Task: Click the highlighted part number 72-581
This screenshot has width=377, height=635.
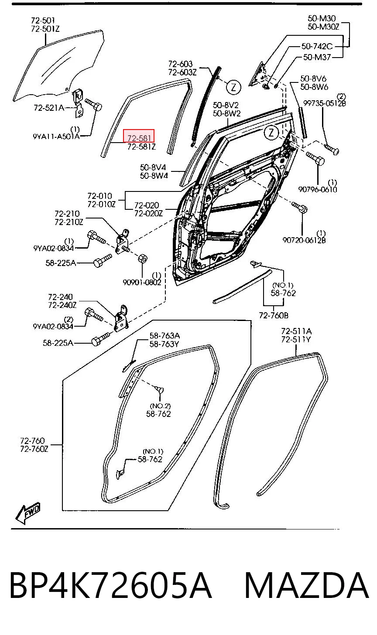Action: click(x=139, y=138)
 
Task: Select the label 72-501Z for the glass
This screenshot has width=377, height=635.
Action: click(x=45, y=29)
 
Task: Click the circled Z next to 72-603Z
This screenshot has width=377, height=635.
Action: click(x=233, y=87)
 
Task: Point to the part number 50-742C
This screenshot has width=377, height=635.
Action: click(x=317, y=46)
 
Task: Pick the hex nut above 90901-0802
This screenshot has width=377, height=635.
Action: click(x=143, y=259)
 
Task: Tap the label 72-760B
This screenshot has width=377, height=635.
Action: click(x=274, y=315)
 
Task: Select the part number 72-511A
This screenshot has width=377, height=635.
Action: click(x=296, y=331)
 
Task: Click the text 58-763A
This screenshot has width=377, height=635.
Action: click(x=165, y=336)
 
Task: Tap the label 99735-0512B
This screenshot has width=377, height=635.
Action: click(x=325, y=103)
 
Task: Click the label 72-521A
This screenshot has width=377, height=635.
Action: click(x=49, y=108)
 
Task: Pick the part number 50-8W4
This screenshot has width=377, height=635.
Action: click(x=154, y=175)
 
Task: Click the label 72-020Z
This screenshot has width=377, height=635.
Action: click(x=148, y=213)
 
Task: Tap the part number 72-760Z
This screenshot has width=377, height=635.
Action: click(x=34, y=449)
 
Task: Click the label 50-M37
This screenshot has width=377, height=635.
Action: click(x=317, y=57)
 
